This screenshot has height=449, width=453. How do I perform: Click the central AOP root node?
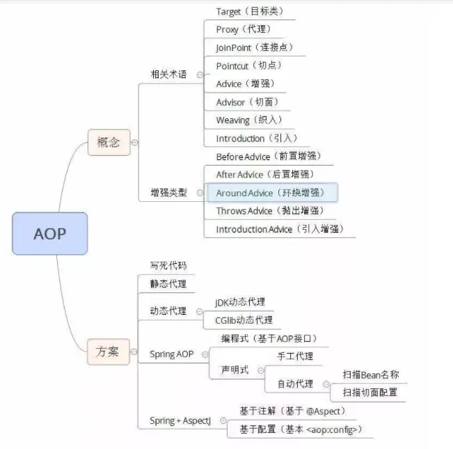[x=49, y=233]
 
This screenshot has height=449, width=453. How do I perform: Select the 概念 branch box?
[x=109, y=143]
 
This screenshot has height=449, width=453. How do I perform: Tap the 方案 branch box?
[x=109, y=352]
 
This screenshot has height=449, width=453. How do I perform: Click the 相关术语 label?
[x=168, y=74]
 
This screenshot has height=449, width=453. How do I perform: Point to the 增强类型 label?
[x=168, y=192]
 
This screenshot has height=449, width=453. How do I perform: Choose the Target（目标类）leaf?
[x=249, y=12]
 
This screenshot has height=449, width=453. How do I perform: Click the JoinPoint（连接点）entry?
[x=254, y=47]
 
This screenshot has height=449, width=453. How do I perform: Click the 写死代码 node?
[x=168, y=266]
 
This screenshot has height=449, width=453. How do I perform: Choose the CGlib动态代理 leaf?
[x=244, y=320]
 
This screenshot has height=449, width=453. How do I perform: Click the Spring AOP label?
[x=171, y=354]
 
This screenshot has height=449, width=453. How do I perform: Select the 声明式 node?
[x=235, y=370]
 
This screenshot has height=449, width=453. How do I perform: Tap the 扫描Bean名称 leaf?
[x=371, y=375]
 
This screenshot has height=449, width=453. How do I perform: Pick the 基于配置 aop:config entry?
[x=300, y=430]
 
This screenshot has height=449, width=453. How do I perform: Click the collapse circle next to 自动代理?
[x=328, y=384]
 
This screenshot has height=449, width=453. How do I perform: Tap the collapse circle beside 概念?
[x=134, y=143]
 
